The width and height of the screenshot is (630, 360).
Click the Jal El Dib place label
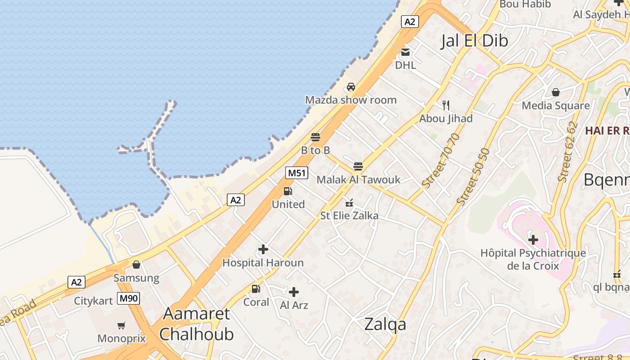[474, 40]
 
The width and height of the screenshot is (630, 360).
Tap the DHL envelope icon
[405, 52]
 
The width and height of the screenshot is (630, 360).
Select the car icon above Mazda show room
[351, 87]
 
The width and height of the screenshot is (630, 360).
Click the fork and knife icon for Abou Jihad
[446, 105]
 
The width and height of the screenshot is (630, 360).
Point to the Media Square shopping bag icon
[556, 92]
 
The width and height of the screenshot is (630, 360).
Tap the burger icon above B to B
[315, 137]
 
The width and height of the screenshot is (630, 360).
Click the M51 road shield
[297, 173]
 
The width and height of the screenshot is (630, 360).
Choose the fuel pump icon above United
[288, 191]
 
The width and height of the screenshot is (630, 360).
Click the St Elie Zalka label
[349, 216]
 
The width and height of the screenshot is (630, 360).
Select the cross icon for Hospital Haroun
[263, 249]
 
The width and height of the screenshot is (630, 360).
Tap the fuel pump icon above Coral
[256, 289]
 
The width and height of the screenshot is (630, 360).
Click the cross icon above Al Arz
[294, 292]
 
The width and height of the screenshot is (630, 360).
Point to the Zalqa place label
[385, 324]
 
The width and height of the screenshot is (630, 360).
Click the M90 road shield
[129, 298]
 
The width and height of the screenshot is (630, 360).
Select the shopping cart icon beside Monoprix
[121, 325]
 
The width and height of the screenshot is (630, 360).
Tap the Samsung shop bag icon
[136, 265]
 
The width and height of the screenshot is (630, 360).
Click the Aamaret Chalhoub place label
[197, 324]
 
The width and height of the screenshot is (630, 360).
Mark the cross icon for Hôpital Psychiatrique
[533, 240]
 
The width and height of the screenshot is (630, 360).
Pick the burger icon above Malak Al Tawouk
[358, 166]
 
